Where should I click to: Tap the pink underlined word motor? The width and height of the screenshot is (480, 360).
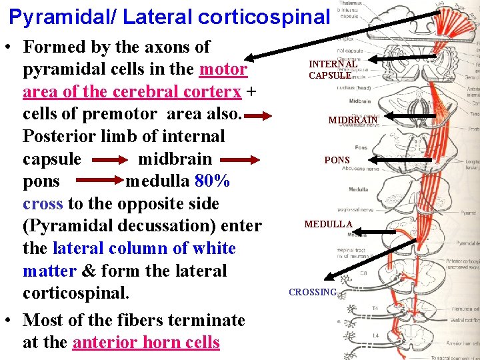pyautogui.click(x=223, y=69)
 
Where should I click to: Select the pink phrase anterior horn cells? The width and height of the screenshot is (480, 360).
pyautogui.click(x=146, y=343)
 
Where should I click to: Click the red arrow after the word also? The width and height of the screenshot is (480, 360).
pyautogui.click(x=260, y=115)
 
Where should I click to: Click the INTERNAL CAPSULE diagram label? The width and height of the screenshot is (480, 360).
pyautogui.click(x=330, y=69)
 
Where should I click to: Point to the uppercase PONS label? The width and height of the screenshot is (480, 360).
pyautogui.click(x=337, y=161)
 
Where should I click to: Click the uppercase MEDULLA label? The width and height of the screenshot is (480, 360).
pyautogui.click(x=328, y=225)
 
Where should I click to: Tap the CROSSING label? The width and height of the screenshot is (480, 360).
pyautogui.click(x=313, y=292)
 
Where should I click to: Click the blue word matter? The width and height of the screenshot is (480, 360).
pyautogui.click(x=49, y=271)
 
